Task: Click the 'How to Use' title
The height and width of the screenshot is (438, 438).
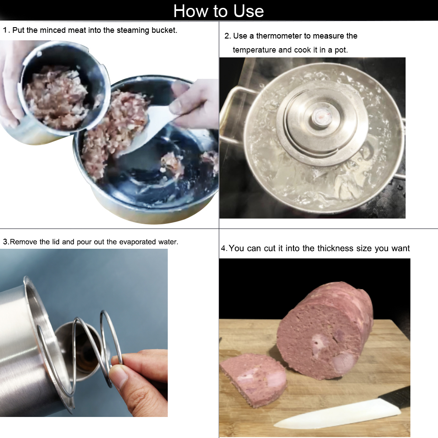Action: tap(219, 11)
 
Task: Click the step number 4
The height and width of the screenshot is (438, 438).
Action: tap(223, 248)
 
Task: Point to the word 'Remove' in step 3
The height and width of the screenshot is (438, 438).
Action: tap(24, 242)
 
